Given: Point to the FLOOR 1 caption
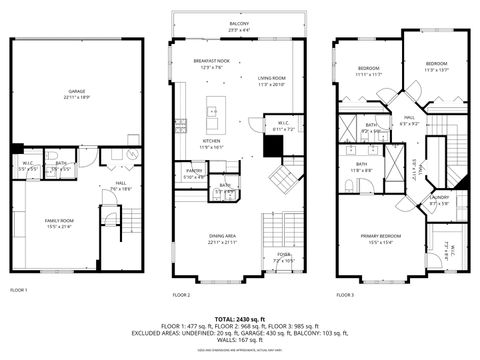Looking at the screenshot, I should (x=19, y=290).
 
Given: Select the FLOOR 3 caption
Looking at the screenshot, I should (x=344, y=295).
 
